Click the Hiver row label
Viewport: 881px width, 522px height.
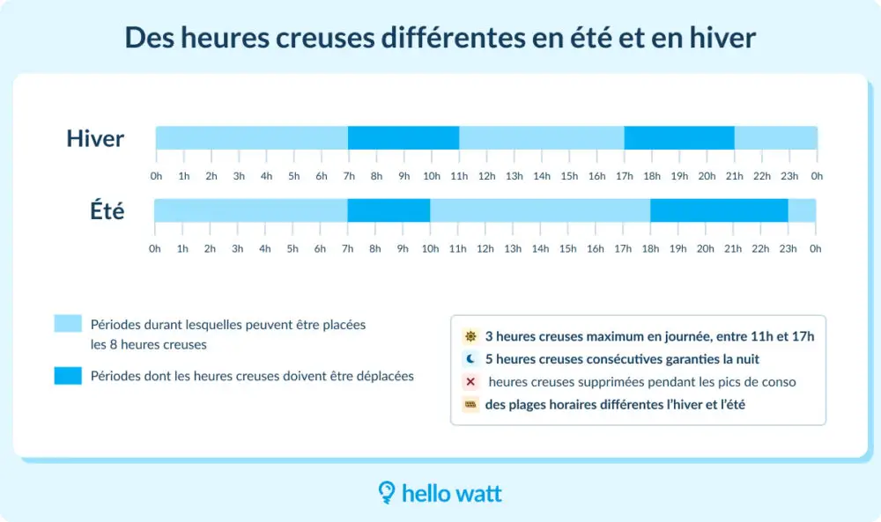(x=95, y=138)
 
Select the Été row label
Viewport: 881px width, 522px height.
(x=107, y=211)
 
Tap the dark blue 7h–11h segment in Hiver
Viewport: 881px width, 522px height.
(x=403, y=138)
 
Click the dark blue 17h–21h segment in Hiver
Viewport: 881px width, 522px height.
(x=679, y=138)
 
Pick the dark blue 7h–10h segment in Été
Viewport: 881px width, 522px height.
(x=389, y=210)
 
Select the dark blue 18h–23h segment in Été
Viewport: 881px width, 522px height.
(x=719, y=210)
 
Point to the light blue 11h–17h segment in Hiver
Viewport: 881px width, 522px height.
(x=542, y=138)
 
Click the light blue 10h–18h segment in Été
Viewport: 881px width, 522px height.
(x=540, y=210)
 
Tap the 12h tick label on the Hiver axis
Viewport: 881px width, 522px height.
(x=486, y=176)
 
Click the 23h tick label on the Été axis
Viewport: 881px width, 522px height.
(x=788, y=248)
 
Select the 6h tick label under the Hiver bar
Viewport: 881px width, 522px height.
(x=322, y=176)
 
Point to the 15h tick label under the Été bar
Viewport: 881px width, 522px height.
(x=568, y=248)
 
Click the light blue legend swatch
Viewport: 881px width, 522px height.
(x=67, y=323)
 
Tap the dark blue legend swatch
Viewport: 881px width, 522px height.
(x=67, y=376)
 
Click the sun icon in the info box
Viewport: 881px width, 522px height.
(x=470, y=336)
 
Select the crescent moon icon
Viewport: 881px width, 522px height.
(x=470, y=359)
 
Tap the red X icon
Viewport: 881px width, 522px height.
(x=470, y=382)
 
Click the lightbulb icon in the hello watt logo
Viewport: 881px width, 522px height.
(x=386, y=492)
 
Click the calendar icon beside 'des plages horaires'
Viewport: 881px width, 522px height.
(x=470, y=405)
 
